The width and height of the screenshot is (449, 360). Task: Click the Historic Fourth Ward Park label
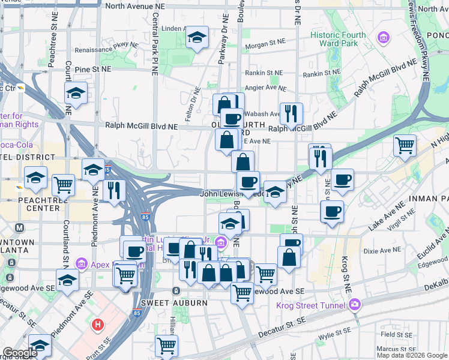coord(338,39)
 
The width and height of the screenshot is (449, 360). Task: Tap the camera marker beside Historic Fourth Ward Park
coord(383,38)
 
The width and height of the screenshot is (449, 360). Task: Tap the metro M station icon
coord(20,228)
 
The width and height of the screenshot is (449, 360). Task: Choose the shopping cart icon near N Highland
coord(405,145)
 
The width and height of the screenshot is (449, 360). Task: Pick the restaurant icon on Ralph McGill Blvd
coord(291,113)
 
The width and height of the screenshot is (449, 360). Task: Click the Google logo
coord(19,353)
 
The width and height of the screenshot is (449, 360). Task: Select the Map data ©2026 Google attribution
coord(412,355)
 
